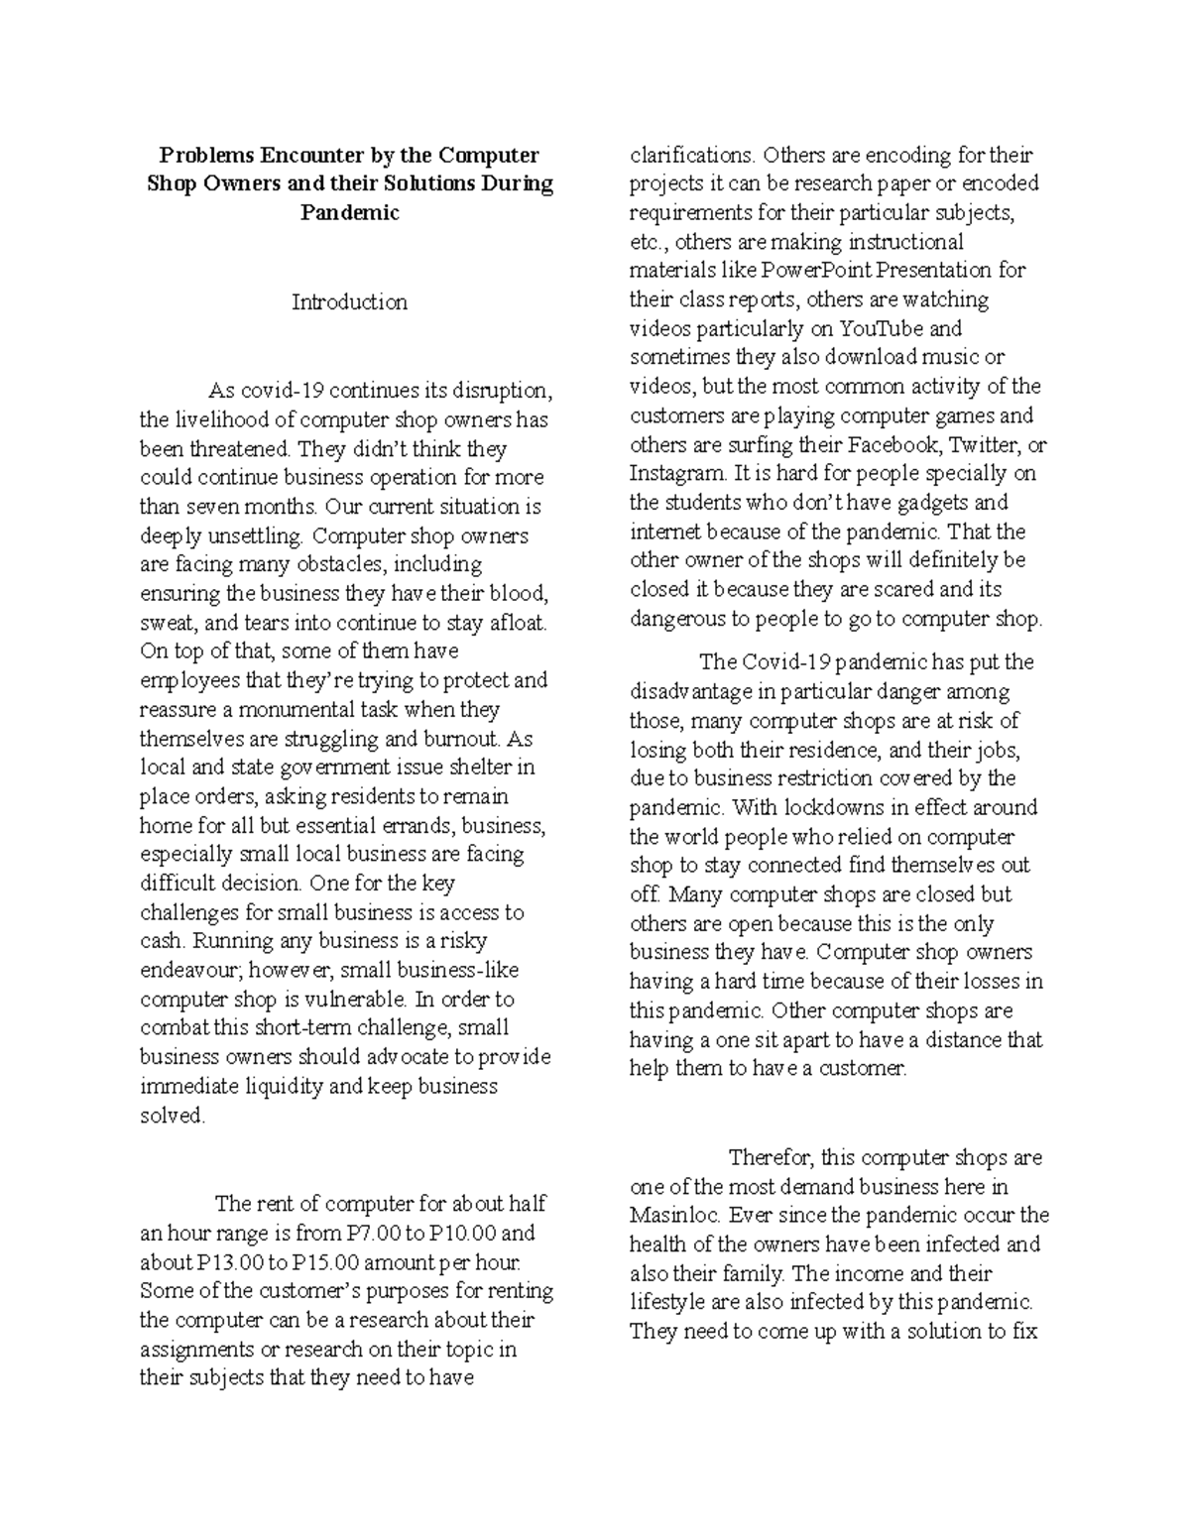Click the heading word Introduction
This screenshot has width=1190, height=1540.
pos(349,302)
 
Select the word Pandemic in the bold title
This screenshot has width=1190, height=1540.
pos(349,213)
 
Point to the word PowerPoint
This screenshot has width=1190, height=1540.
pos(821,271)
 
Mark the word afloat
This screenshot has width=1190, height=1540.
pos(514,623)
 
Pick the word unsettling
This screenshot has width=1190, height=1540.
pos(247,536)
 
